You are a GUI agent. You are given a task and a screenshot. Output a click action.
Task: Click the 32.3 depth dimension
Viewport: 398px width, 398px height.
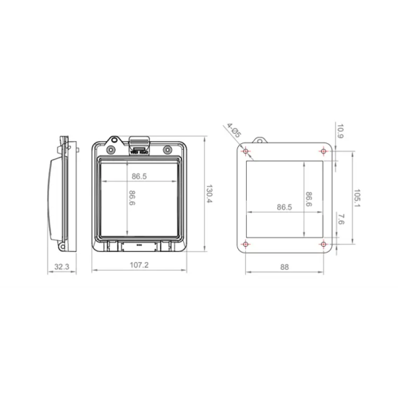click(x=62, y=267)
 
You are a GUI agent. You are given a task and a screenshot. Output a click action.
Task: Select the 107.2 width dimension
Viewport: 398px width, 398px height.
click(x=139, y=265)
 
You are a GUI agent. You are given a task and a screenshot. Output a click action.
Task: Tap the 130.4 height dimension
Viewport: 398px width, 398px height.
click(x=209, y=194)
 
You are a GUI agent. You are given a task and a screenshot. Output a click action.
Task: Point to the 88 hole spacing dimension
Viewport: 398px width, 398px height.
click(x=284, y=267)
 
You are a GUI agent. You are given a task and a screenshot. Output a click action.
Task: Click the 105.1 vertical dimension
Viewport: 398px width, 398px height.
click(x=357, y=198)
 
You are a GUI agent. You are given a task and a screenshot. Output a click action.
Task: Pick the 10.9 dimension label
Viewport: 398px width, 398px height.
click(x=340, y=131)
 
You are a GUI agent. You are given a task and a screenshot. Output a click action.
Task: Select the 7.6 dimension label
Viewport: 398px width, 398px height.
click(x=341, y=219)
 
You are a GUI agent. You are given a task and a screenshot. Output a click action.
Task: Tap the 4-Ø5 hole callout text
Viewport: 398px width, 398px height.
click(x=234, y=130)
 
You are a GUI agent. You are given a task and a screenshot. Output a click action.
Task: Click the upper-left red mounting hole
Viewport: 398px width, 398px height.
click(x=245, y=151)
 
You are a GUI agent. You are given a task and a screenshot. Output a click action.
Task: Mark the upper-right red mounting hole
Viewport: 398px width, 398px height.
click(x=323, y=151)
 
